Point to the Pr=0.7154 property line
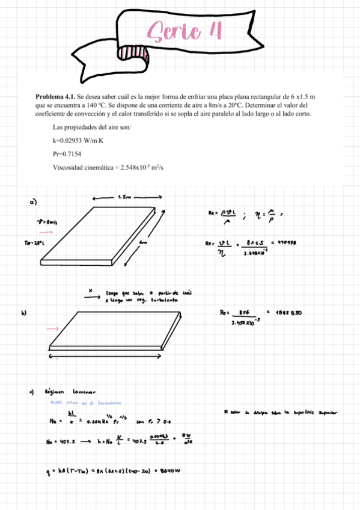pyautogui.click(x=67, y=154)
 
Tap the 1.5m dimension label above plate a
pyautogui.click(x=126, y=196)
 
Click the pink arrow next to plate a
pyautogui.click(x=45, y=231)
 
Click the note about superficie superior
pyautogui.click(x=279, y=412)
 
